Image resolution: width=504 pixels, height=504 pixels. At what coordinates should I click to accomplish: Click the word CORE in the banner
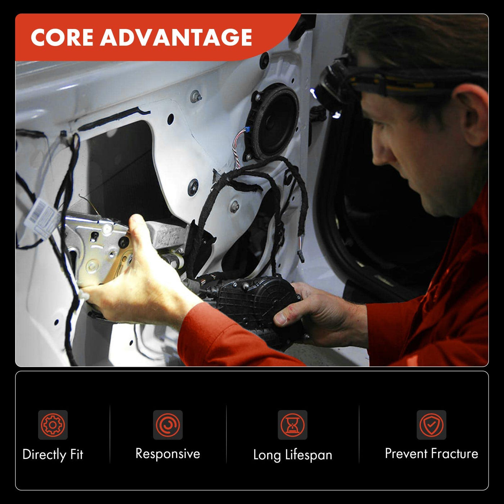tap(62, 37)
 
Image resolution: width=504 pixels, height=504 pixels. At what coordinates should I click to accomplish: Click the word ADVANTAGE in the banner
tap(176, 37)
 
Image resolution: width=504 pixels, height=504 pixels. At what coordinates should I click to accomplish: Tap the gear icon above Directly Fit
tap(53, 425)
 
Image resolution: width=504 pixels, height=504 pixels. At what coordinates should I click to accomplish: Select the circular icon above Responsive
tap(168, 425)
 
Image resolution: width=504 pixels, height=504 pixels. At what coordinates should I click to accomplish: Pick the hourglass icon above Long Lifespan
tap(292, 425)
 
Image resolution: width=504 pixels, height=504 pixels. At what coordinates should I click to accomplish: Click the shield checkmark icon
tap(431, 425)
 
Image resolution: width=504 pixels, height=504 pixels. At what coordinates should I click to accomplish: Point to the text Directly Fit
tap(53, 454)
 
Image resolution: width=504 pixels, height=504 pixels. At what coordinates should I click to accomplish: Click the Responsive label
tap(168, 454)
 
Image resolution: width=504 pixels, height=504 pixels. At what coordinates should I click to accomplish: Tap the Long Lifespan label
tap(293, 455)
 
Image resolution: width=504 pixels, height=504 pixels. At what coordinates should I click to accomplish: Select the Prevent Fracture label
tap(432, 453)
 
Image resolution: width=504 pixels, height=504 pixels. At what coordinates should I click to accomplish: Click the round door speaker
tap(273, 122)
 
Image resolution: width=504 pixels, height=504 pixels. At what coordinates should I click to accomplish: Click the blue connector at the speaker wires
tap(246, 130)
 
